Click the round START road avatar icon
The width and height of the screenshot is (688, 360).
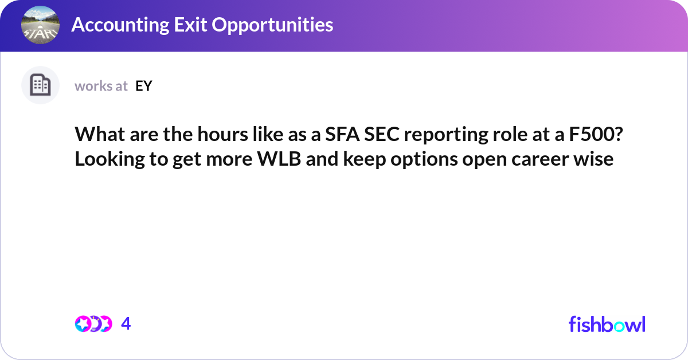tap(40, 25)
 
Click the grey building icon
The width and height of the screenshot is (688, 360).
tap(40, 85)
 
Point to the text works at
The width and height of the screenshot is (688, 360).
tap(101, 86)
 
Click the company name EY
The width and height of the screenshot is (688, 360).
tap(143, 86)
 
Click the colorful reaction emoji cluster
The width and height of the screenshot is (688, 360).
tap(93, 324)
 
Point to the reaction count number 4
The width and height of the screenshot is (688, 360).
tap(126, 324)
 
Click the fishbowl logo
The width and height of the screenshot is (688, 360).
tap(607, 324)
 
